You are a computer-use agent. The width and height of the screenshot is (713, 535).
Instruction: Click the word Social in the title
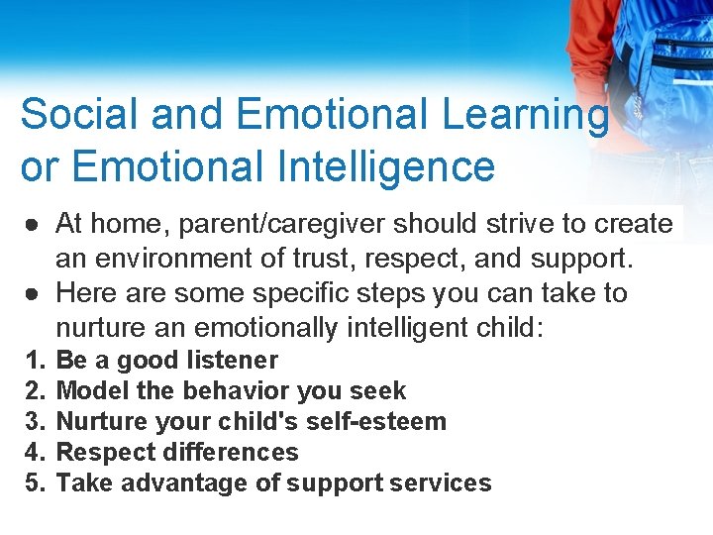pyautogui.click(x=75, y=114)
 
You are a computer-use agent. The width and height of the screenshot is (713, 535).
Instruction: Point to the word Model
pyautogui.click(x=89, y=391)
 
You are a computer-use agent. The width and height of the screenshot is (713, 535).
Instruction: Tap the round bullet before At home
pyautogui.click(x=32, y=224)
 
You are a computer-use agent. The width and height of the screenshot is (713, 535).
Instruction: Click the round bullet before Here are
pyautogui.click(x=32, y=293)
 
